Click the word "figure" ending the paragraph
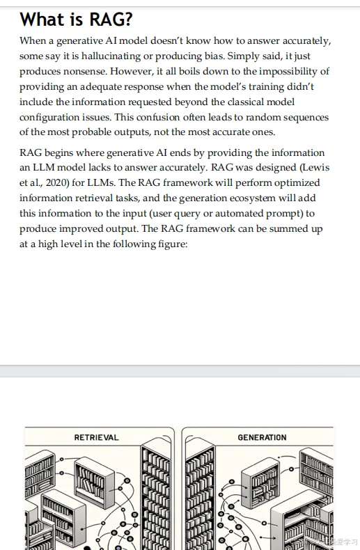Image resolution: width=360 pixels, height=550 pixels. click(x=171, y=244)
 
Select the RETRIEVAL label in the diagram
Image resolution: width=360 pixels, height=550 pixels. click(x=96, y=438)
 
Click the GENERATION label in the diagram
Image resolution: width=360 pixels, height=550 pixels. click(x=262, y=438)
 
